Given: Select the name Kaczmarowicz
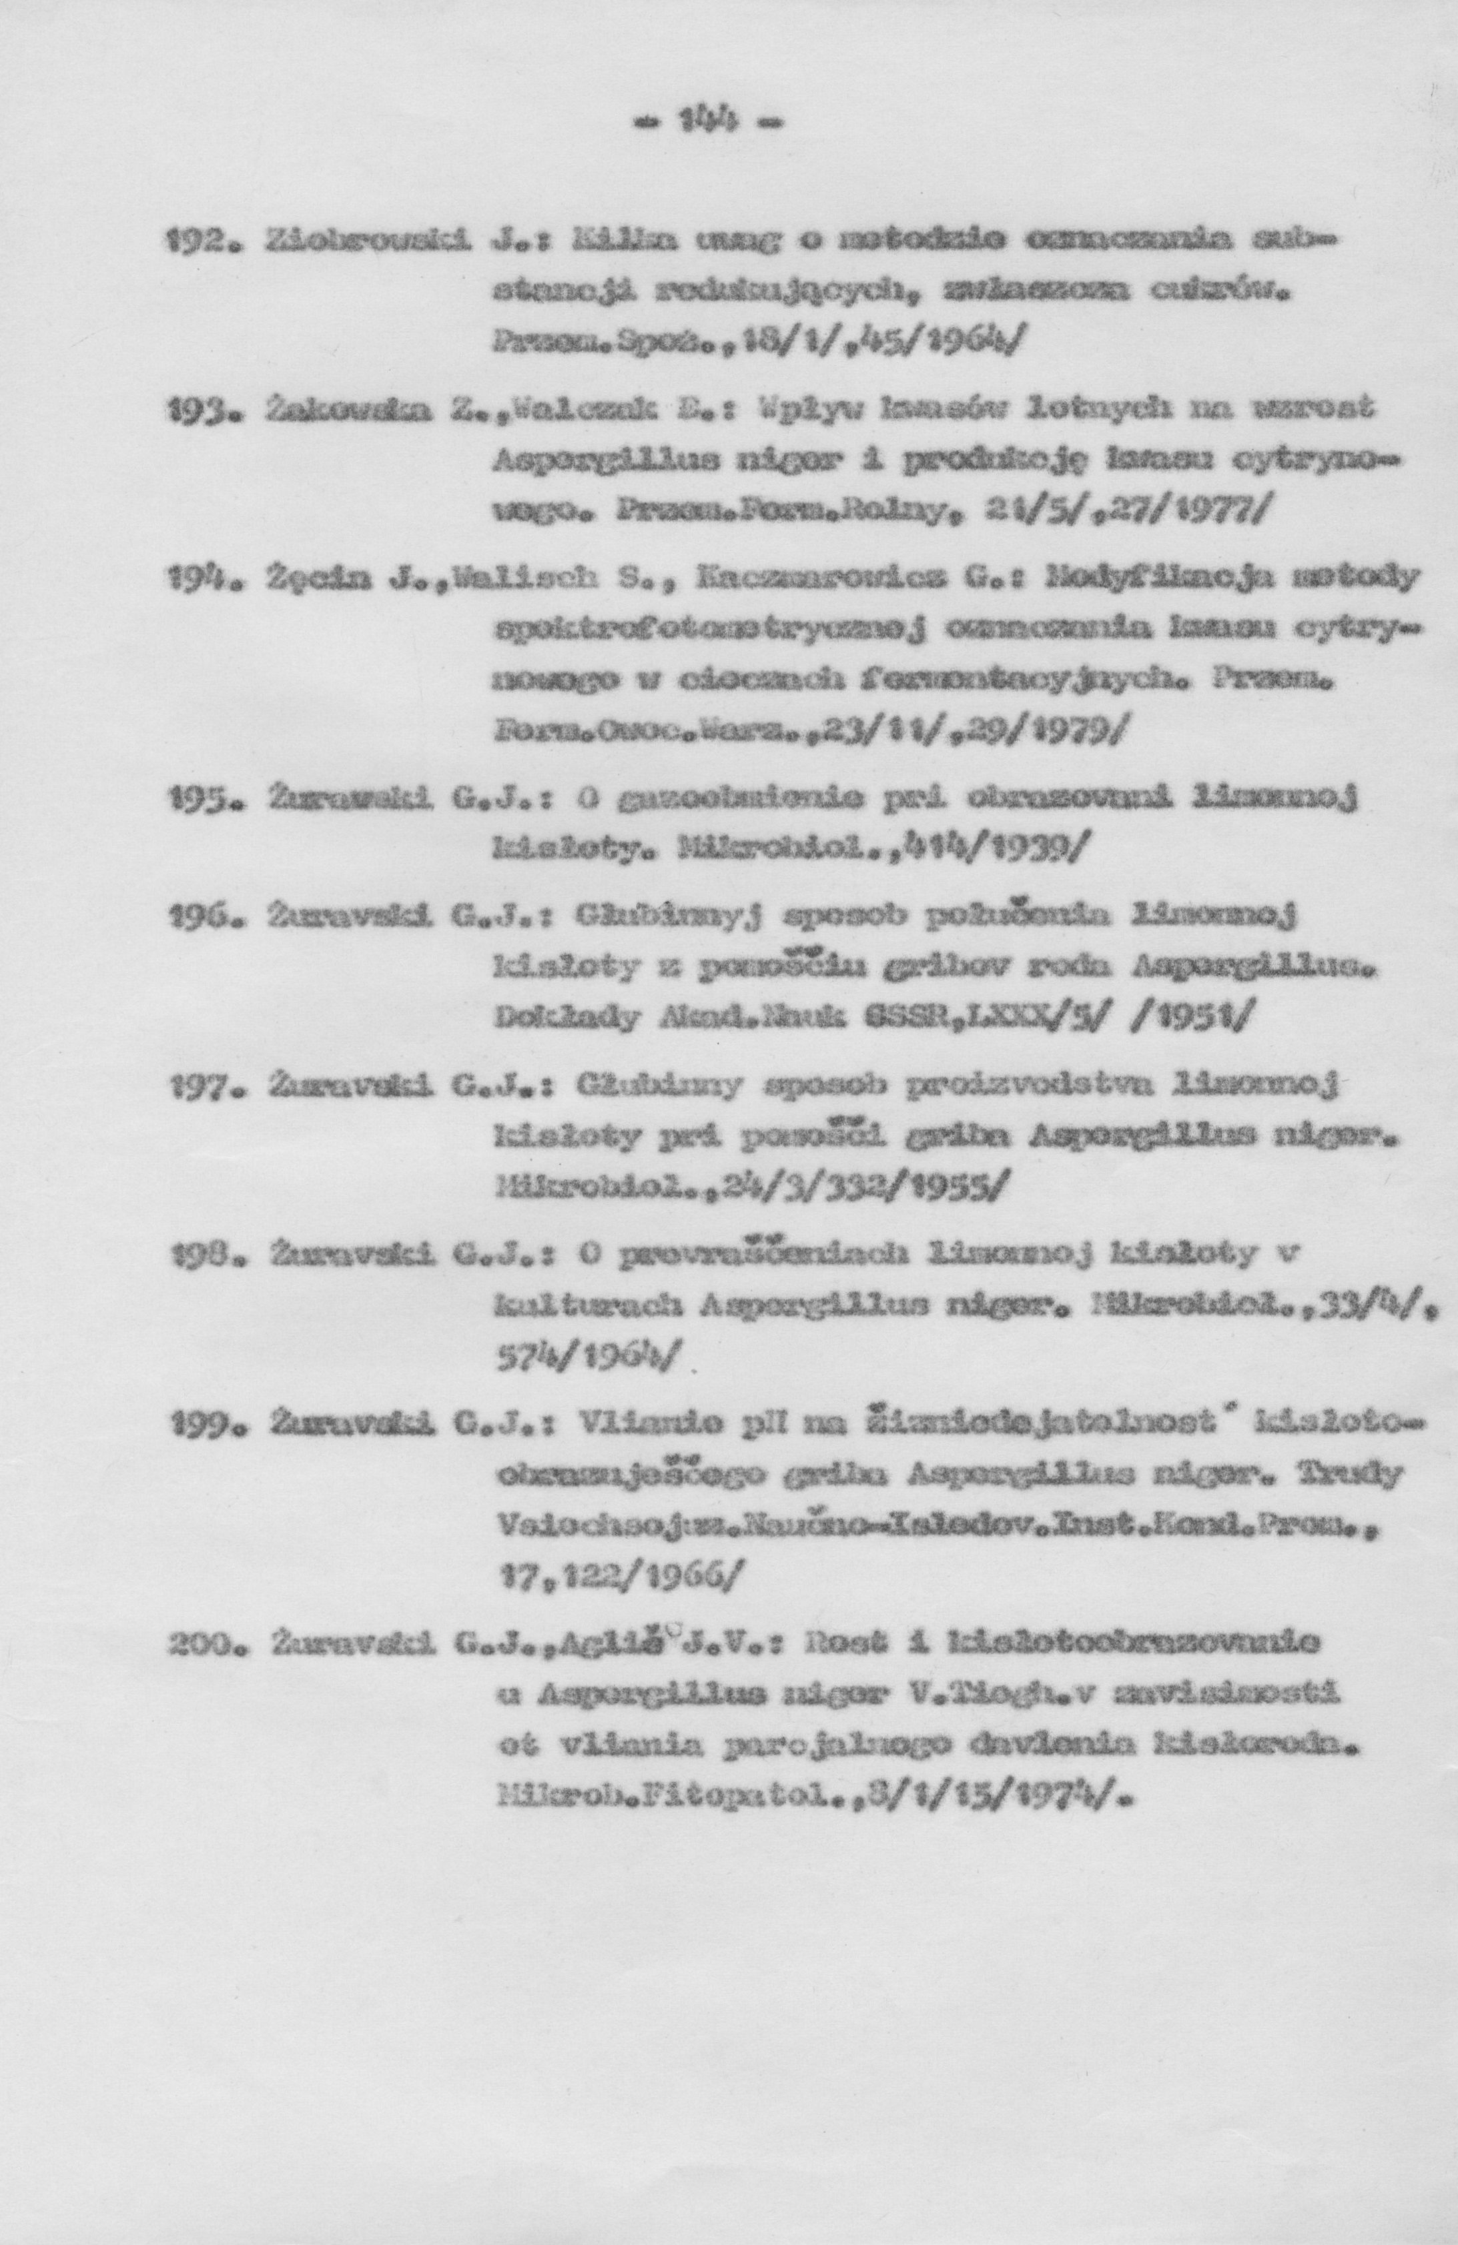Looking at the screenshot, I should tap(827, 578).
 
